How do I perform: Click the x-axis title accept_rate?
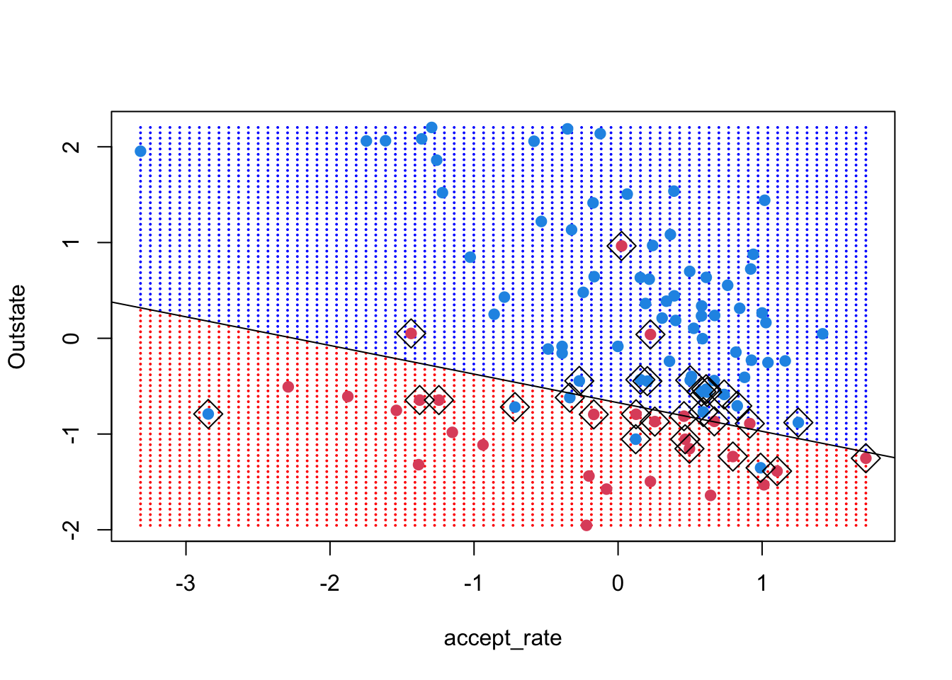(502, 639)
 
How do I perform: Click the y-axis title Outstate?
(17, 327)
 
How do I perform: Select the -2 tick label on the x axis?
(330, 584)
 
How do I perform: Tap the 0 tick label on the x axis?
(618, 584)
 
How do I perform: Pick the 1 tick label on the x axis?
(762, 584)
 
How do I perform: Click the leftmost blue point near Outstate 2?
(140, 151)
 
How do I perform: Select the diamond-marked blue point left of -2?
(208, 414)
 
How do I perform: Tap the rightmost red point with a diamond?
(866, 458)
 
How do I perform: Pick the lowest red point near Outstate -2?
(586, 525)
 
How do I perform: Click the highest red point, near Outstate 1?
(621, 246)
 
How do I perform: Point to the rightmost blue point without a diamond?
(822, 334)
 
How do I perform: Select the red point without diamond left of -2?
(288, 387)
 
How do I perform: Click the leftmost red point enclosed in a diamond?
(411, 334)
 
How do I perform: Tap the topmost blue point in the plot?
(431, 127)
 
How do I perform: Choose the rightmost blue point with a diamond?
(798, 423)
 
